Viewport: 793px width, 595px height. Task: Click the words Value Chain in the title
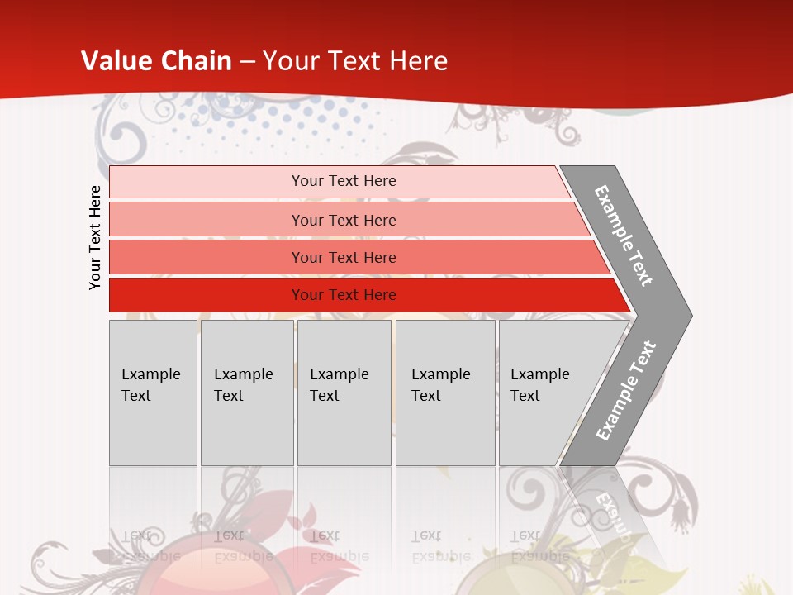[156, 61]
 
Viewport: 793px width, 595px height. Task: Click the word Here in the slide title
[419, 61]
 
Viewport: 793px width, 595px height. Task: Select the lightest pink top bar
[207, 182]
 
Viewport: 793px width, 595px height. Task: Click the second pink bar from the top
[207, 220]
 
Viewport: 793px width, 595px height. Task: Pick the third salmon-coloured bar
[207, 257]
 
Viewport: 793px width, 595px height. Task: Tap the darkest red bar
[207, 295]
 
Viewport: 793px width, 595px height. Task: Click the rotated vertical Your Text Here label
[95, 237]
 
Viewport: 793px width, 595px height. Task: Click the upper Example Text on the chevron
[624, 236]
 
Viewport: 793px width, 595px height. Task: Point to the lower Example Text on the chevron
[626, 391]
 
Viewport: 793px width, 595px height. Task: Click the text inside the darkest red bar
[344, 295]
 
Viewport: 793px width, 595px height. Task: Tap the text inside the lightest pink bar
[344, 181]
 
